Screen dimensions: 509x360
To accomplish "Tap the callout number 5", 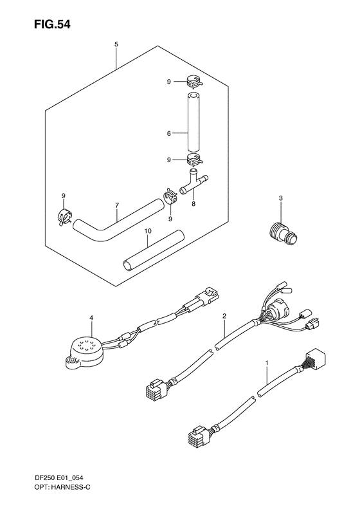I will coord(116,44).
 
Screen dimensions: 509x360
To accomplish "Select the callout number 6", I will coord(168,134).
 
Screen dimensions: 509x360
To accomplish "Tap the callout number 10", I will coord(147,230).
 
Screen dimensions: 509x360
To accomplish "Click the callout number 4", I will coord(91,318).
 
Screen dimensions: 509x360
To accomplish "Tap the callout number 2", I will coord(224,316).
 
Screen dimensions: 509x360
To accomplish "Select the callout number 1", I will coord(267,364).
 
